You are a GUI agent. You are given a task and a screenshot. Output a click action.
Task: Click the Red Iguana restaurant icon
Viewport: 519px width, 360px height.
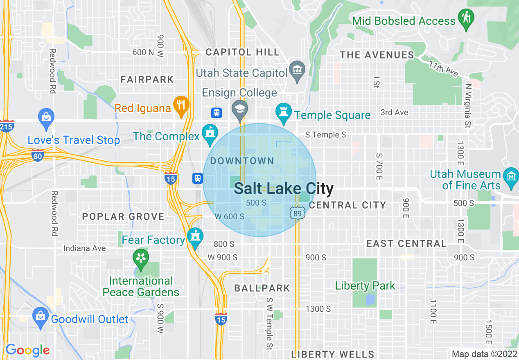(x=180, y=105)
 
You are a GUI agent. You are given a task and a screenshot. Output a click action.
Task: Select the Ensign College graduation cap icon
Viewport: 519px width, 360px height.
(x=239, y=109)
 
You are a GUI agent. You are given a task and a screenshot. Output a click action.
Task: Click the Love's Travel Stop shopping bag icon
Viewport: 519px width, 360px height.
(x=46, y=117)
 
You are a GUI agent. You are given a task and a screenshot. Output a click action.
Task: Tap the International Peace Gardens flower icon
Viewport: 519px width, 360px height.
(x=141, y=259)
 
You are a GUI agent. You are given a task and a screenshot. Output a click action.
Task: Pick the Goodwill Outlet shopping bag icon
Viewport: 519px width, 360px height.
(x=41, y=316)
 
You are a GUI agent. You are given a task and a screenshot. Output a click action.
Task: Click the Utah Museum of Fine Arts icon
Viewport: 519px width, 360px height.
(x=511, y=177)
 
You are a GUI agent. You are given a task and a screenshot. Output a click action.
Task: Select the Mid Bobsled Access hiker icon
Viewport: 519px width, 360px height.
(x=466, y=18)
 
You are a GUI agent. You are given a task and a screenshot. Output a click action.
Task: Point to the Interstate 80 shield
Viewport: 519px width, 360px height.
(x=38, y=155)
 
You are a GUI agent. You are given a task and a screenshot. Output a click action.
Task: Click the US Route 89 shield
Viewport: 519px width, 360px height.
(x=298, y=213)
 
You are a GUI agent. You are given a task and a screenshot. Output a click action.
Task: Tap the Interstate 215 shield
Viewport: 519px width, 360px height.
(x=7, y=126)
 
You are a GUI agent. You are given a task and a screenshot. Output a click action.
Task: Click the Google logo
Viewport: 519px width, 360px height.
(x=27, y=350)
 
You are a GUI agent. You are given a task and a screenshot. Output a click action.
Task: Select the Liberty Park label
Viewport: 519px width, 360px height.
(x=365, y=286)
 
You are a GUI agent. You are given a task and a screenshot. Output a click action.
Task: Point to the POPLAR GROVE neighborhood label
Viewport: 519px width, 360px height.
(x=123, y=216)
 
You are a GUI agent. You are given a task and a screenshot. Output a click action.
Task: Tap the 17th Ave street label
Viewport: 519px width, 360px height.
(x=443, y=69)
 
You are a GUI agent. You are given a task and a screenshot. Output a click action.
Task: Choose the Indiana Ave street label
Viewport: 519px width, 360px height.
(x=84, y=248)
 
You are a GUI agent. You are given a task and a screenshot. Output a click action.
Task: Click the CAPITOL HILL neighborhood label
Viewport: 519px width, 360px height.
(x=242, y=52)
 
